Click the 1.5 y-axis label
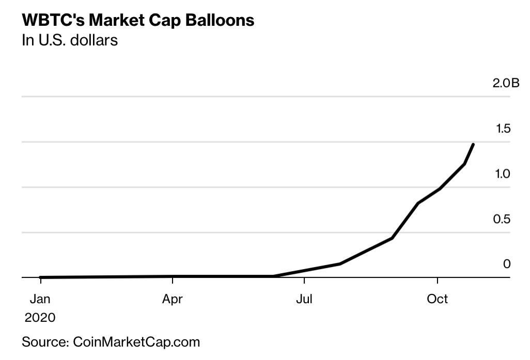coord(503,128)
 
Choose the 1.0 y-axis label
coord(503,174)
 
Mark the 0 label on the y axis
coord(507,264)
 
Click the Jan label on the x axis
coord(40,299)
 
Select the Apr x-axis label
coord(172,299)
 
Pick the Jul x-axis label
coord(305,299)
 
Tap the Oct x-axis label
coord(437,299)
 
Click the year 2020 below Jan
coord(40,317)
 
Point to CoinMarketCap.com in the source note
coord(136,342)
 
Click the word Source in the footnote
coord(44,342)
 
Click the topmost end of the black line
coord(473,144)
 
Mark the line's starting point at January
coord(40,277)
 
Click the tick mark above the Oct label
coord(438,280)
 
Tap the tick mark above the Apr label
coord(172,280)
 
